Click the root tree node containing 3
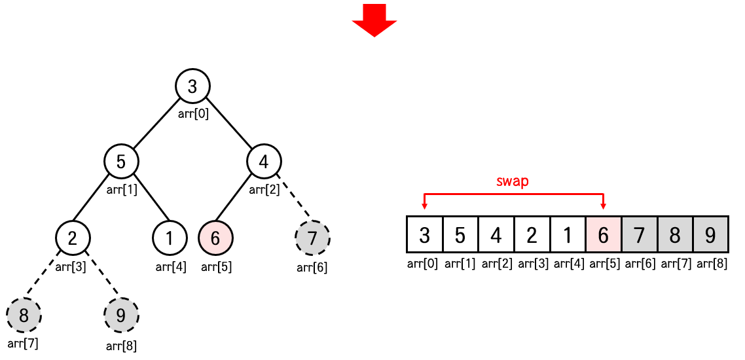192,86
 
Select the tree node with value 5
121,161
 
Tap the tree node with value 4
264,161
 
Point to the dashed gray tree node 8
24,316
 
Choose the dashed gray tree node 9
121,316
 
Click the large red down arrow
374,20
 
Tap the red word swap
513,181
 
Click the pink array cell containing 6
603,234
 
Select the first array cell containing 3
424,234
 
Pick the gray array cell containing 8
674,234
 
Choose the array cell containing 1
568,234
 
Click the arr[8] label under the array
710,264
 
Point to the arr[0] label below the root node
193,114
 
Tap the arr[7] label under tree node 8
23,343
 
